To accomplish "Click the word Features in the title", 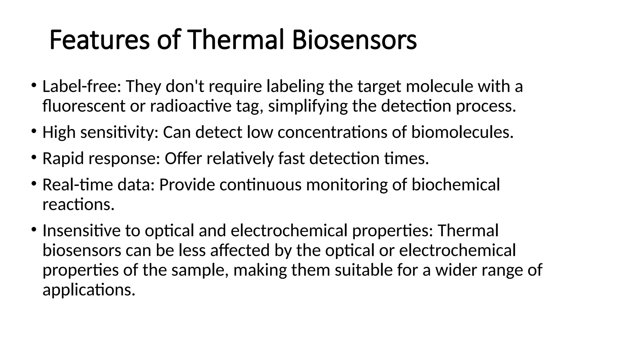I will coord(99,40).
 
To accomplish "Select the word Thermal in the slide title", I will coord(236,40).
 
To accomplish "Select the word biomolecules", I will coord(462,132).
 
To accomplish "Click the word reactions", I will coord(78,205).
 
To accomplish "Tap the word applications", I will coord(89,290).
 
